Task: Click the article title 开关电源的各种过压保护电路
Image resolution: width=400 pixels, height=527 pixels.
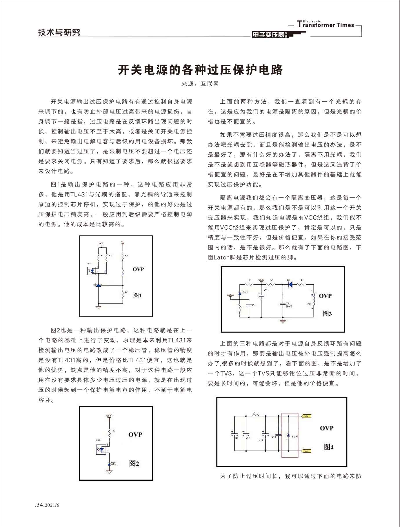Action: point(200,70)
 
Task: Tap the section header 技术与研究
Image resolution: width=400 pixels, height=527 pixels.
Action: point(59,32)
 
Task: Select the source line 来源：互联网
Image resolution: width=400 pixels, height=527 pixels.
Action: point(200,84)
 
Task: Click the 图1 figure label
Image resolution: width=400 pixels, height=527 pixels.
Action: point(137,295)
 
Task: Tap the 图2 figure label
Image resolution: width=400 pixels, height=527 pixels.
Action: point(134,464)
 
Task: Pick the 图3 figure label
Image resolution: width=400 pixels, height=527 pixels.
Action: point(327,314)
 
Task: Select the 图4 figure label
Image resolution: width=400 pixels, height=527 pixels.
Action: point(329,447)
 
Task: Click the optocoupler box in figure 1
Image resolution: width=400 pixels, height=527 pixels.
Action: point(92,271)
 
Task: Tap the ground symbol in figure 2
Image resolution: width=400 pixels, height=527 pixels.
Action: point(109,472)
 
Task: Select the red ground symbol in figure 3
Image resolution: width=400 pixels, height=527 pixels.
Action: point(283,321)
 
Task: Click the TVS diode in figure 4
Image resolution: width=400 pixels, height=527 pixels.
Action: point(288,436)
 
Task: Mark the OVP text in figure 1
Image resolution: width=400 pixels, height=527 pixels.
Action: point(138,269)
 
